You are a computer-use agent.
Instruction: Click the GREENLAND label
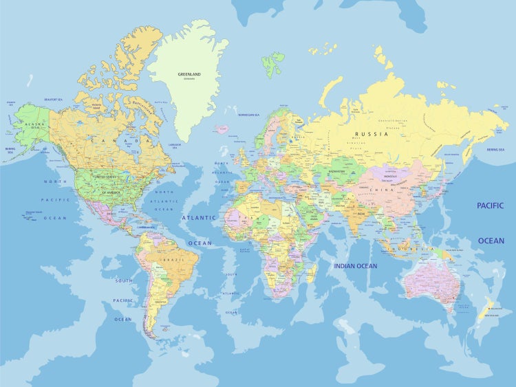(189, 74)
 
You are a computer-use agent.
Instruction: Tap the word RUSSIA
(372, 133)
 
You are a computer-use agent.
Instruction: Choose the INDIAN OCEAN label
(356, 266)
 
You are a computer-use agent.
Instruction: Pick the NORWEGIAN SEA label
(248, 115)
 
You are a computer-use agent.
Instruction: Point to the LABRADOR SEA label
(175, 145)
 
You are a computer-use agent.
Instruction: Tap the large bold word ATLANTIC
(199, 217)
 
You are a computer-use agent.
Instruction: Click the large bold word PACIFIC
(491, 206)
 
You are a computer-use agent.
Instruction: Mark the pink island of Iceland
(222, 129)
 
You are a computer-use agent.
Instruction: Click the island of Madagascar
(312, 273)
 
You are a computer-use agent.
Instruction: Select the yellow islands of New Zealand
(486, 309)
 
